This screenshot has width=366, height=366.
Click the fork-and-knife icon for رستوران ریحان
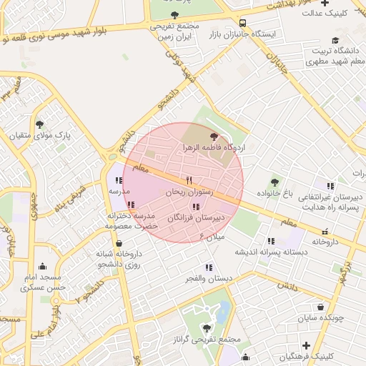(189, 180)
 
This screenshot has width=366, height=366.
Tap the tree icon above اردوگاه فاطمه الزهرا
(212, 135)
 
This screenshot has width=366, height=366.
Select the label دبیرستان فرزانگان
(196, 217)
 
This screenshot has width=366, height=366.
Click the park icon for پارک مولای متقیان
(39, 124)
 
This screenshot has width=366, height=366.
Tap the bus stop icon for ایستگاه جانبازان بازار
(243, 23)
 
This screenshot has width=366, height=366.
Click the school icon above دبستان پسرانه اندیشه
(270, 241)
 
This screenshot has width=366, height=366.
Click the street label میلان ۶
(212, 235)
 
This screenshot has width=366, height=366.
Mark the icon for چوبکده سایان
(320, 305)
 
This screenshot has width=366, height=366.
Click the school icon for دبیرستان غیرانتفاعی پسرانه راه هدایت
(330, 185)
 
